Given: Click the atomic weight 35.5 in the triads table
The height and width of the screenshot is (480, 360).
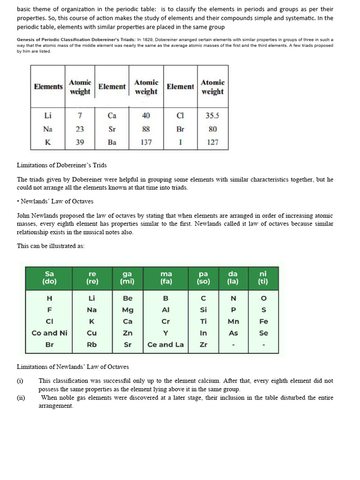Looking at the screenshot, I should click(x=212, y=115).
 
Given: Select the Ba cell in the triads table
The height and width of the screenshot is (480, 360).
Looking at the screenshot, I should click(x=112, y=142).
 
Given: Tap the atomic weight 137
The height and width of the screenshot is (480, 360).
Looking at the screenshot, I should click(x=146, y=142).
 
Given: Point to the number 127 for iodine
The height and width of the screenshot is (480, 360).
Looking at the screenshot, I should click(x=212, y=142).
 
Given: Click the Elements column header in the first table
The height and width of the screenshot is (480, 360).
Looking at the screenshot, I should click(x=48, y=87).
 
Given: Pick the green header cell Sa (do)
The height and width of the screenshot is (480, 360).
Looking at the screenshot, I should click(x=49, y=277).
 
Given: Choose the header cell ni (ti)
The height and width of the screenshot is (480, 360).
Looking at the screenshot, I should click(x=263, y=277).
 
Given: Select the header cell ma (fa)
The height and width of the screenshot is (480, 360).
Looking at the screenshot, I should click(x=166, y=277).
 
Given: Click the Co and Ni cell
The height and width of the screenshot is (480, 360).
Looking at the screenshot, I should click(x=49, y=333).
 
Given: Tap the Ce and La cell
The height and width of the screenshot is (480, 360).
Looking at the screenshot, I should click(x=165, y=345).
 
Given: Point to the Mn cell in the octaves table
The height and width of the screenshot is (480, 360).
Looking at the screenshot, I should click(x=233, y=322).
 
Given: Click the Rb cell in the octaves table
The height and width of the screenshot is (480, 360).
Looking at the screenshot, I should click(x=92, y=345).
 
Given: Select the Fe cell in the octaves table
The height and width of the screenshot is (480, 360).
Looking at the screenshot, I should click(x=263, y=322).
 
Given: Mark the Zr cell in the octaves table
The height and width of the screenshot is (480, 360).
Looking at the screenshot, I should click(x=203, y=345).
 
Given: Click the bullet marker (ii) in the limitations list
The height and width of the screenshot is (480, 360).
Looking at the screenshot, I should click(x=21, y=397).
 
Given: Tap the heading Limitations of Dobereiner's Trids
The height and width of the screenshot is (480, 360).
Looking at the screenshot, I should click(x=62, y=165).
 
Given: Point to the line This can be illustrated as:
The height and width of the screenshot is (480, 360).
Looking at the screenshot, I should click(x=51, y=246).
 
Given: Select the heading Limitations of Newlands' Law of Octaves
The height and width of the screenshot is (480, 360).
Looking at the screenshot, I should click(x=73, y=367).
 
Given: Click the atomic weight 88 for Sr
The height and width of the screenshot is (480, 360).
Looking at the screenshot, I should click(x=146, y=129).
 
